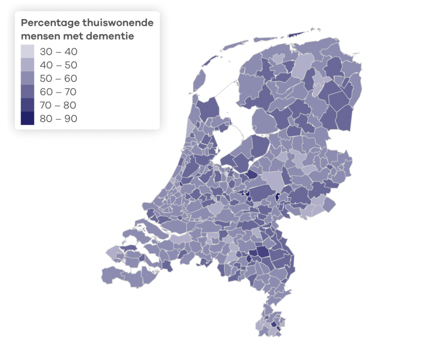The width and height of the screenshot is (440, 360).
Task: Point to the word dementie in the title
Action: pyautogui.click(x=110, y=36)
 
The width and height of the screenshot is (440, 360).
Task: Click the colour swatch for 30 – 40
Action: pyautogui.click(x=27, y=52)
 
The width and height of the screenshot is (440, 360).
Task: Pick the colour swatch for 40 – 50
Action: pyautogui.click(x=27, y=65)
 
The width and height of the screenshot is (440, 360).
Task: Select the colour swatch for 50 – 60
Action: pyautogui.click(x=27, y=78)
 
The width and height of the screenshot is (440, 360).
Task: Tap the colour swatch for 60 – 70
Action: pyautogui.click(x=27, y=92)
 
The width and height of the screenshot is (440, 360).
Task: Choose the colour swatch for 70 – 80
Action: pyautogui.click(x=27, y=105)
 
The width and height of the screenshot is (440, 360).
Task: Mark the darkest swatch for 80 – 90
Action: pyautogui.click(x=27, y=118)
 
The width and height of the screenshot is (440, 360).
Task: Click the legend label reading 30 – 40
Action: pyautogui.click(x=58, y=52)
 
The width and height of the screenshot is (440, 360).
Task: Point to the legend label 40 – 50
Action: pyautogui.click(x=58, y=65)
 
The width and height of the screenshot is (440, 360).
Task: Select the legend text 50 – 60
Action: pyautogui.click(x=58, y=78)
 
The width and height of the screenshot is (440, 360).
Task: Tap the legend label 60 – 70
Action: pyautogui.click(x=58, y=92)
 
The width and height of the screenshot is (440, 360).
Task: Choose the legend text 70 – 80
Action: pyautogui.click(x=58, y=105)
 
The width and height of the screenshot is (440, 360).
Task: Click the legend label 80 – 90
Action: pyautogui.click(x=58, y=118)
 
